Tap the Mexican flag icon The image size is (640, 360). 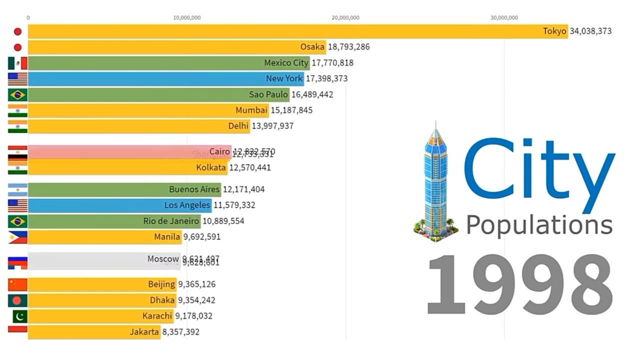pos(17,63)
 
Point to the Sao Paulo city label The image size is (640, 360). pos(268,94)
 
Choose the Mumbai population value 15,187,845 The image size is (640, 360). pos(291,110)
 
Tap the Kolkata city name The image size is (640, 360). pos(211,167)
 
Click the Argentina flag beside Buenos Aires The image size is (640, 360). pos(17,189)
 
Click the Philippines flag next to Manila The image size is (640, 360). pos(17,237)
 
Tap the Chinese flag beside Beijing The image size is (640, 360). pos(17,284)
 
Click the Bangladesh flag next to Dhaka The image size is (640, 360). pos(17,300)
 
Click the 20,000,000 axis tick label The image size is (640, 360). pos(345,18)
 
